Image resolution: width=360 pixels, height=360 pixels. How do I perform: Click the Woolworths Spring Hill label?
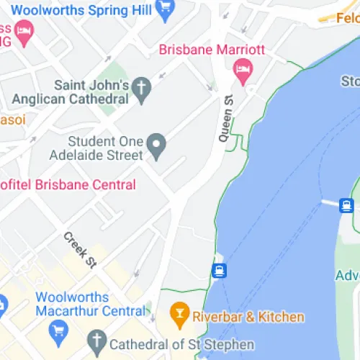[x=81, y=10]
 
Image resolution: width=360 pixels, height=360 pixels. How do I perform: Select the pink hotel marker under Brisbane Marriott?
[x=243, y=71]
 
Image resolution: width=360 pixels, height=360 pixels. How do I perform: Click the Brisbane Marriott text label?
[x=212, y=50]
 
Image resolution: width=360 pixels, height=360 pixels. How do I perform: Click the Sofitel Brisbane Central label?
[x=68, y=185]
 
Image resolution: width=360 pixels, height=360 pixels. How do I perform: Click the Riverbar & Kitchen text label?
[x=248, y=317]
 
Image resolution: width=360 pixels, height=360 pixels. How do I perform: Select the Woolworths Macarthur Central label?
[x=81, y=304]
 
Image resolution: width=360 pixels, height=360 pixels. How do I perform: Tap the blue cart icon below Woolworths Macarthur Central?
[x=58, y=331]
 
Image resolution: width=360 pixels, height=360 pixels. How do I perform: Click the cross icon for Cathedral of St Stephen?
[x=96, y=342]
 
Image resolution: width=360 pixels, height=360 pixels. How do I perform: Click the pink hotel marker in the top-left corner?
[x=24, y=32]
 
